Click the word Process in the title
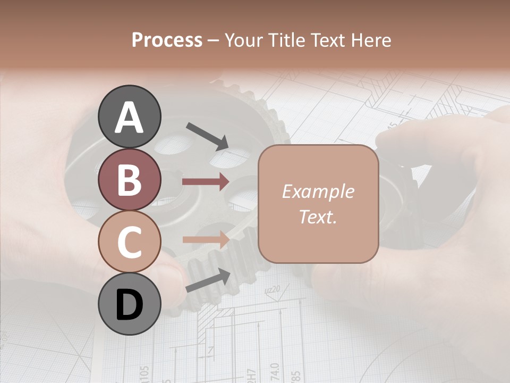point(167,40)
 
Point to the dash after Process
point(214,41)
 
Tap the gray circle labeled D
point(129,304)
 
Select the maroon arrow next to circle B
point(205,182)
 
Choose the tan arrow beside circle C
point(205,240)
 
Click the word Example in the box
point(318,191)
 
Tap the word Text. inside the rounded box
point(318,217)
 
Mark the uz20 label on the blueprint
point(272,290)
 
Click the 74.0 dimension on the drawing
point(274,373)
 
